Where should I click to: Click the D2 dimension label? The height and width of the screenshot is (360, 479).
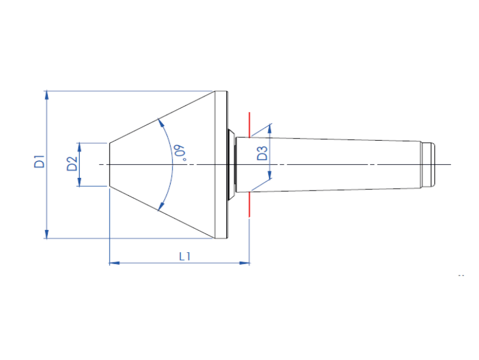coord(72,164)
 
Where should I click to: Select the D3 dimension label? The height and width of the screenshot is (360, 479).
coord(262,153)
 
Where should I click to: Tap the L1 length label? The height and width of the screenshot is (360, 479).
coord(185,256)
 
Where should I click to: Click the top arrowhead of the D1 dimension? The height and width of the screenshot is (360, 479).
coord(47,95)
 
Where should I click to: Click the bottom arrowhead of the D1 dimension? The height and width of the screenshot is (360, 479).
coord(47,234)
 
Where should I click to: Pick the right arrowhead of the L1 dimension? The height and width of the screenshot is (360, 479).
coord(245,262)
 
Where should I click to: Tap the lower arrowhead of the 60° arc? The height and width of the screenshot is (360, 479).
coord(160,207)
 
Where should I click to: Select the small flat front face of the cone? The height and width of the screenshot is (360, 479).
coord(109,164)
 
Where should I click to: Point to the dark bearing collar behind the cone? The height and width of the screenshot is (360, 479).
coord(231,164)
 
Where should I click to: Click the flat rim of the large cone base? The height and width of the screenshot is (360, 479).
coord(222,164)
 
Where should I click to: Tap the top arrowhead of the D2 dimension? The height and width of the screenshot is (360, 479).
coord(79,146)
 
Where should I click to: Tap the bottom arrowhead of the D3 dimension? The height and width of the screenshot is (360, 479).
coord(270,175)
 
